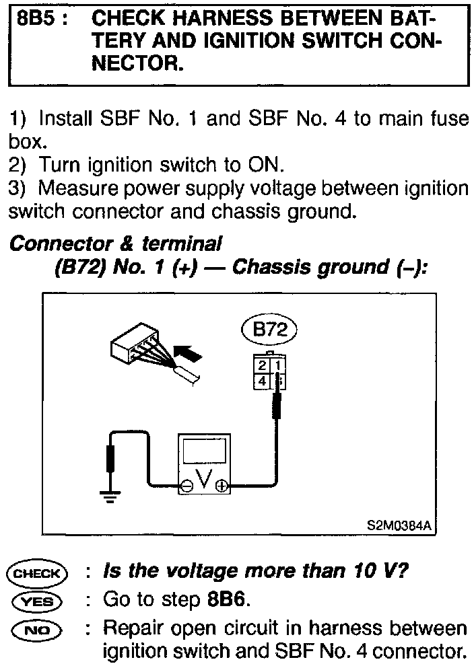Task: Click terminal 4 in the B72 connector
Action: coord(263,381)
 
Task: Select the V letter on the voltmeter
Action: coord(204,480)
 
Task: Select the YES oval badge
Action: coord(37,601)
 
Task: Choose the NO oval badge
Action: coord(37,629)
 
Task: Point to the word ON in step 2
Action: coord(266,165)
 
